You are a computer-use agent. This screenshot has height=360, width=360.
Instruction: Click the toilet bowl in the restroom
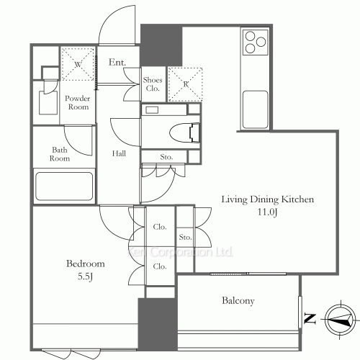184,132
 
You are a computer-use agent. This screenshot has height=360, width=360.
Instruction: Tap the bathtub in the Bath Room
64,186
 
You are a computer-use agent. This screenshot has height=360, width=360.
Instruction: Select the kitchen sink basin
255,109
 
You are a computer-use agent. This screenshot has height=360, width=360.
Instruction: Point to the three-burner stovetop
256,42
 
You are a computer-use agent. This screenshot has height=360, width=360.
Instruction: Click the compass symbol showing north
340,320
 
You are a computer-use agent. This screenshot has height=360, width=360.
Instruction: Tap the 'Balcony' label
238,301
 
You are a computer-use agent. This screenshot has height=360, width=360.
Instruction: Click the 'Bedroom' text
86,264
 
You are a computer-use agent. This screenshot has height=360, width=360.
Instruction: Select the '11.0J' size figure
267,212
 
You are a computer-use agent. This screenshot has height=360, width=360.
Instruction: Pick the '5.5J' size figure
85,276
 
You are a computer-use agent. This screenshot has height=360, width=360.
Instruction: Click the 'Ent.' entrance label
117,63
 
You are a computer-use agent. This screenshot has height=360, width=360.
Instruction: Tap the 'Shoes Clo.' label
153,84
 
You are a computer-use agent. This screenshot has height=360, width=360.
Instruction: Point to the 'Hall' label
119,153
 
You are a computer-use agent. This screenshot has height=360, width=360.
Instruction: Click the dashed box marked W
78,64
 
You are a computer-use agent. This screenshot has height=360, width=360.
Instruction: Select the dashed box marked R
185,84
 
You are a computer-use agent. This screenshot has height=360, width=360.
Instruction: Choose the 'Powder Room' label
78,102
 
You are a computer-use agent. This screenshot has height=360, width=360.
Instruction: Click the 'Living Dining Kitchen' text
267,199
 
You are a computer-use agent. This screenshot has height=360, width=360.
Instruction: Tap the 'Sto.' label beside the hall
166,157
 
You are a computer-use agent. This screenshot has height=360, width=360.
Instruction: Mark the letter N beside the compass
310,318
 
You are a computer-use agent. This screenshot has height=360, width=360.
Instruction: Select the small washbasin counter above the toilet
164,109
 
